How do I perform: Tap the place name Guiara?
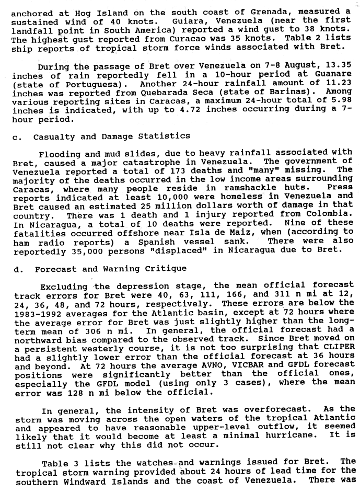pos(190,21)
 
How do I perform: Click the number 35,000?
pos(85,250)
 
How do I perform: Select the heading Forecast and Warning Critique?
pos(111,269)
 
